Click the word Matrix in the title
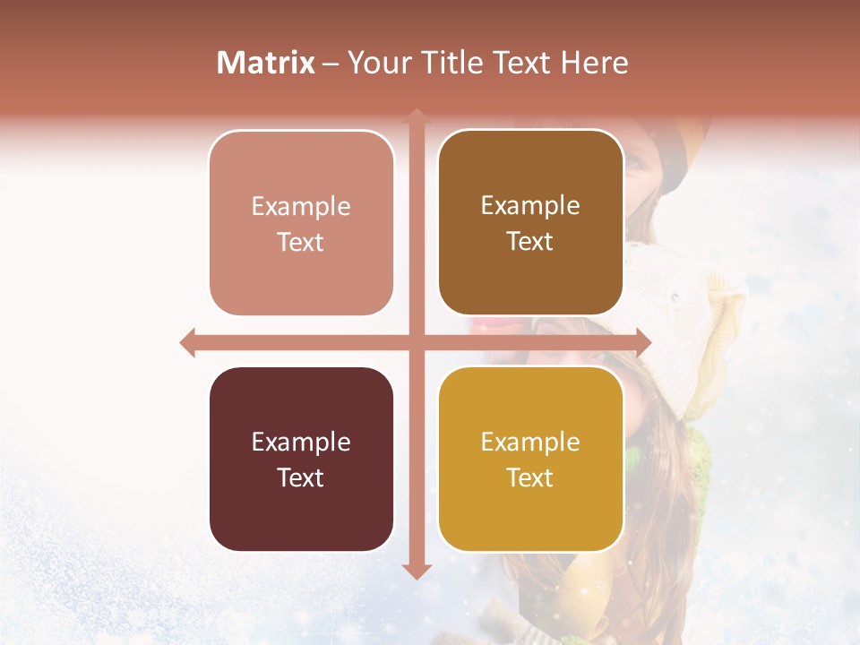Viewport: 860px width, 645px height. point(266,63)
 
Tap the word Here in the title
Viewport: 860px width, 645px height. point(594,63)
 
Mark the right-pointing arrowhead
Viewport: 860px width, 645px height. point(643,342)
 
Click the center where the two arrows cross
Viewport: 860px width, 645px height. point(417,342)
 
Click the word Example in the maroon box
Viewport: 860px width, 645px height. point(301,443)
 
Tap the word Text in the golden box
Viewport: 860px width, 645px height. point(530,478)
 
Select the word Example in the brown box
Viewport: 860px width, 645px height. point(530,206)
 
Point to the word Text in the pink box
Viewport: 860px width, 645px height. point(301,243)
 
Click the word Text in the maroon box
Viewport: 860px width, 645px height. point(301,478)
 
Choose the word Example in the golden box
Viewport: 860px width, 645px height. point(530,443)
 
